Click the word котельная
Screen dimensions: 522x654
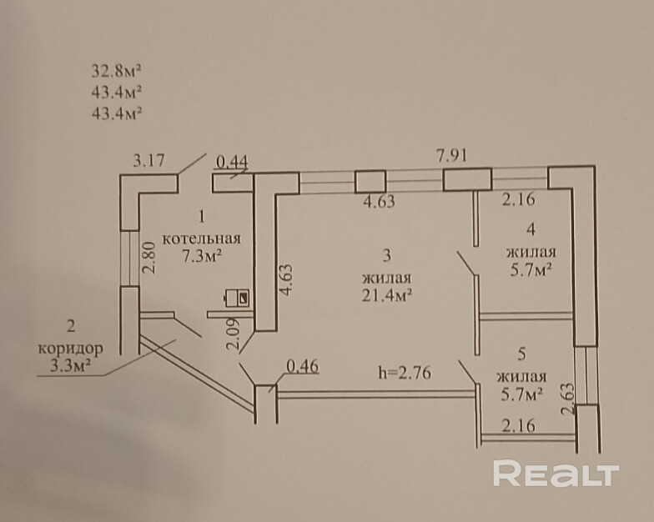point(195,238)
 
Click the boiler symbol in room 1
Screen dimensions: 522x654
point(239,296)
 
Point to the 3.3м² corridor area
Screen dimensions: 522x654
point(71,364)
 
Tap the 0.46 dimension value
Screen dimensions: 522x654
point(302,365)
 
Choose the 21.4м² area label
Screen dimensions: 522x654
point(389,294)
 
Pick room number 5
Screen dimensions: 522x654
point(521,354)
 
